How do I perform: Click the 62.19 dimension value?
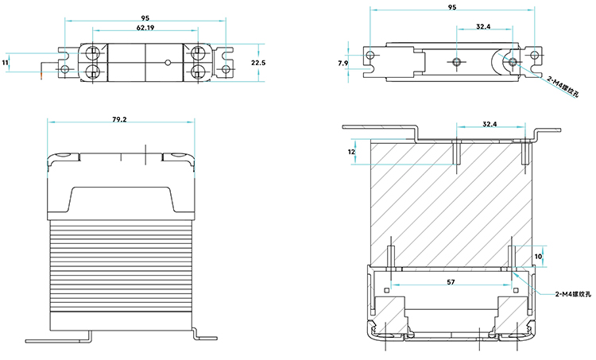[145, 28]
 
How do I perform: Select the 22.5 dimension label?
[257, 62]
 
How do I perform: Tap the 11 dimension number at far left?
[6, 62]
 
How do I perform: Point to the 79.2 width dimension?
[120, 119]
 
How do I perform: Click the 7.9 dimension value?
[343, 62]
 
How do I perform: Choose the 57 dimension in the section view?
[451, 281]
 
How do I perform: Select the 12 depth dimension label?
[351, 151]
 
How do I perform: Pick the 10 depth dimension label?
[538, 257]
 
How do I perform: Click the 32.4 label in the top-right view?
[483, 26]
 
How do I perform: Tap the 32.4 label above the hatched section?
[490, 124]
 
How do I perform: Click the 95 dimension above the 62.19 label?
[145, 17]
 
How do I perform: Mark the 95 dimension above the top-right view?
[452, 7]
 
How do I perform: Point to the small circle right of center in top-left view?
[168, 62]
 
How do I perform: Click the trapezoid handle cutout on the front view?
[121, 199]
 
